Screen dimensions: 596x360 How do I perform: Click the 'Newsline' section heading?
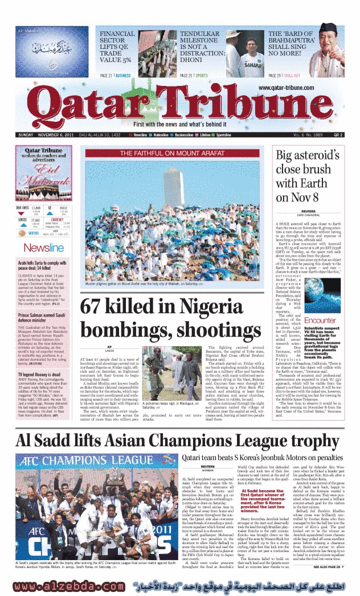point(43,248)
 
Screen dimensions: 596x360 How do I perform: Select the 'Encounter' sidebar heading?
point(320,320)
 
